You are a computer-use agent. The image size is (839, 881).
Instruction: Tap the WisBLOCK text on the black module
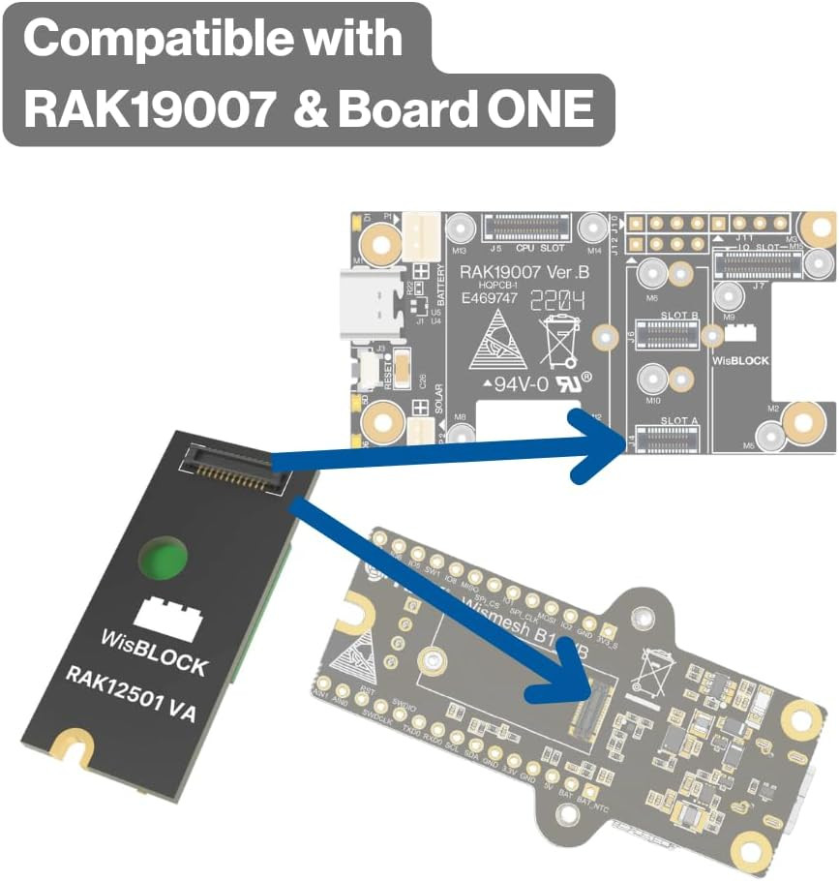(155, 653)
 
